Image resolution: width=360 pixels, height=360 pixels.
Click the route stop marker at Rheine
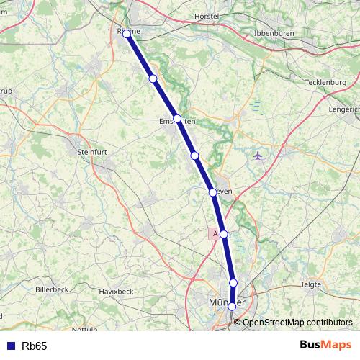pyautogui.click(x=127, y=34)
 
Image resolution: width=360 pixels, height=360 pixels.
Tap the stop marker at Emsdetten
pyautogui.click(x=177, y=119)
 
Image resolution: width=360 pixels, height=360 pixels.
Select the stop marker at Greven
pyautogui.click(x=212, y=192)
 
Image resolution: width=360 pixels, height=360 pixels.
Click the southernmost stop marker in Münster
pyautogui.click(x=232, y=307)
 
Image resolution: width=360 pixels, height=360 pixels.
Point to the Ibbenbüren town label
pyautogui.click(x=276, y=34)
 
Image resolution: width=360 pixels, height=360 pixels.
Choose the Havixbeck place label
pyautogui.click(x=117, y=291)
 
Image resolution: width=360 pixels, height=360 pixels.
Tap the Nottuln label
pyautogui.click(x=85, y=329)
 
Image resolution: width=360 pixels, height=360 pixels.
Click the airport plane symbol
pyautogui.click(x=258, y=155)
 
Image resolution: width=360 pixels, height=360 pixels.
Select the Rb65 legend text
pyautogui.click(x=34, y=346)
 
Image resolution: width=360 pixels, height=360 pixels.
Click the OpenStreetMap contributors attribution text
pyautogui.click(x=297, y=322)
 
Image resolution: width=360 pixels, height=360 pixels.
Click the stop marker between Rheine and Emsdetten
pyautogui.click(x=153, y=78)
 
